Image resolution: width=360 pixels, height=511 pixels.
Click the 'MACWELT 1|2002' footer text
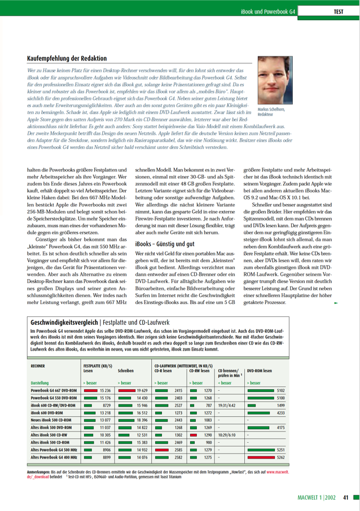pos(318,497)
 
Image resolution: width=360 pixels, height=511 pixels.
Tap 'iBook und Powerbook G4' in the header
pos(268,11)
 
